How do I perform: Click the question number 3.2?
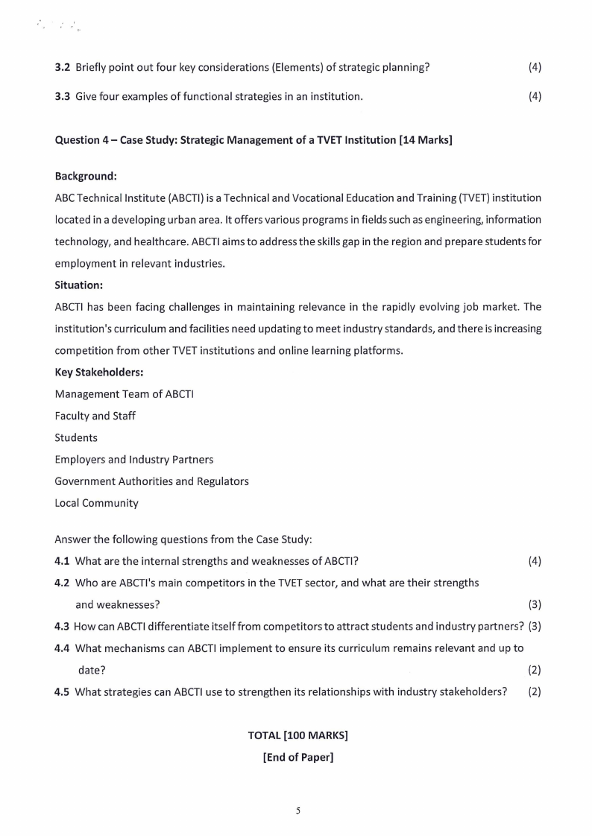point(63,68)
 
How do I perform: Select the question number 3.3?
point(63,96)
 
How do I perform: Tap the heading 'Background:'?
point(86,177)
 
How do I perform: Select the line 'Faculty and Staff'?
point(95,416)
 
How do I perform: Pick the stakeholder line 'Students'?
point(76,437)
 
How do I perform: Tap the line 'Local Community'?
point(97,503)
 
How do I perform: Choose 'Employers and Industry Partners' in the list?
point(134,460)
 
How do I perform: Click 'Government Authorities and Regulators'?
point(152,481)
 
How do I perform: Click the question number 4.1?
point(63,560)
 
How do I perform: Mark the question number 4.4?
point(63,647)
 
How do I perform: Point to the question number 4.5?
point(63,691)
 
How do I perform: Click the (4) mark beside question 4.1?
point(535,560)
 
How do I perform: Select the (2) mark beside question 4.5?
point(535,691)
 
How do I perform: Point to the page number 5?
point(297,811)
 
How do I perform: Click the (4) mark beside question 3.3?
point(535,96)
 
